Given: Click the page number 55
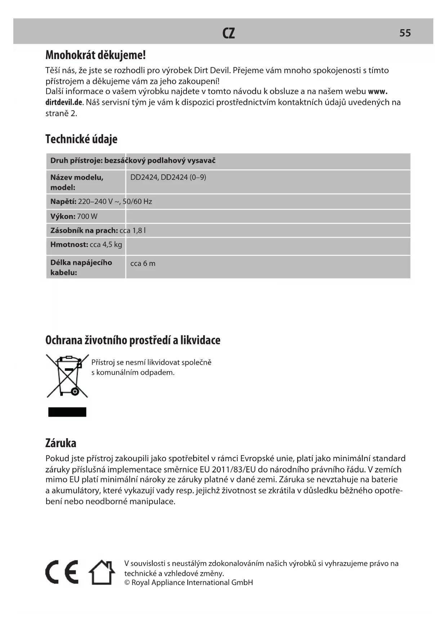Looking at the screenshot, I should click(405, 33).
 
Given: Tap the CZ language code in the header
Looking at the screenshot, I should click(229, 33).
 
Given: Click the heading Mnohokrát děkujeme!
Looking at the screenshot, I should click(95, 55).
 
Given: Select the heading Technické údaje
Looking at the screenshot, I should click(81, 139).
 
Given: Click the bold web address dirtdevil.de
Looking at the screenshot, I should click(64, 102).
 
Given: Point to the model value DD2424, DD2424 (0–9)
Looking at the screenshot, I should click(168, 177).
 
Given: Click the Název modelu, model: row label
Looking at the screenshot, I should click(77, 182).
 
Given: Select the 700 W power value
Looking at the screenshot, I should click(87, 217).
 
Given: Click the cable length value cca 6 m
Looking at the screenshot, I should click(143, 263).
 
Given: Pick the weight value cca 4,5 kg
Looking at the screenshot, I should click(106, 245).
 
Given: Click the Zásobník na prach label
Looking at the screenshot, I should click(84, 230).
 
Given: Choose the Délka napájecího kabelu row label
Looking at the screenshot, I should click(81, 267).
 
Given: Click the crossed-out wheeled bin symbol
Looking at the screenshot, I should click(68, 375).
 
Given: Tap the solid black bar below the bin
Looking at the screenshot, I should click(67, 412).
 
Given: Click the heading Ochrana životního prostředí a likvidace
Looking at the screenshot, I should click(133, 340).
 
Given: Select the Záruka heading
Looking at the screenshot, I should click(61, 443).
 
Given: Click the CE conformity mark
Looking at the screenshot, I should click(62, 572).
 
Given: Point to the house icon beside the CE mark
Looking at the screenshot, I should click(102, 572).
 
